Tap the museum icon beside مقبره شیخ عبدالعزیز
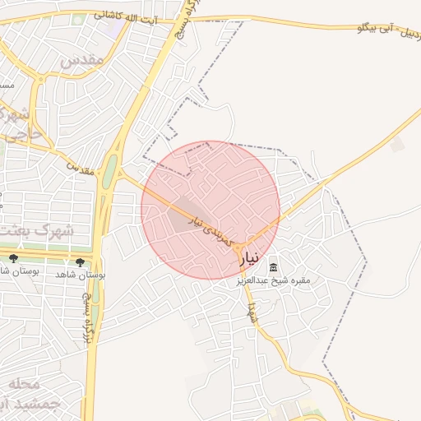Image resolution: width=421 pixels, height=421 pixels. tap(274, 267)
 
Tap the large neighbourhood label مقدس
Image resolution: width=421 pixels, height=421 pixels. tap(81, 60)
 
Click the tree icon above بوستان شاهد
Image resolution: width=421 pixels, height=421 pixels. tap(80, 261)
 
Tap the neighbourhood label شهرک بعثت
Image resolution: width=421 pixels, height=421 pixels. tap(36, 231)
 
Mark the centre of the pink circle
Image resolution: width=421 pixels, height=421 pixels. tap(210, 210)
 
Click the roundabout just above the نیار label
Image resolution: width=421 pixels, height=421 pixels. tap(238, 247)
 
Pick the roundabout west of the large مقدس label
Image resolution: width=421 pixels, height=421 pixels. tap(39, 80)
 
